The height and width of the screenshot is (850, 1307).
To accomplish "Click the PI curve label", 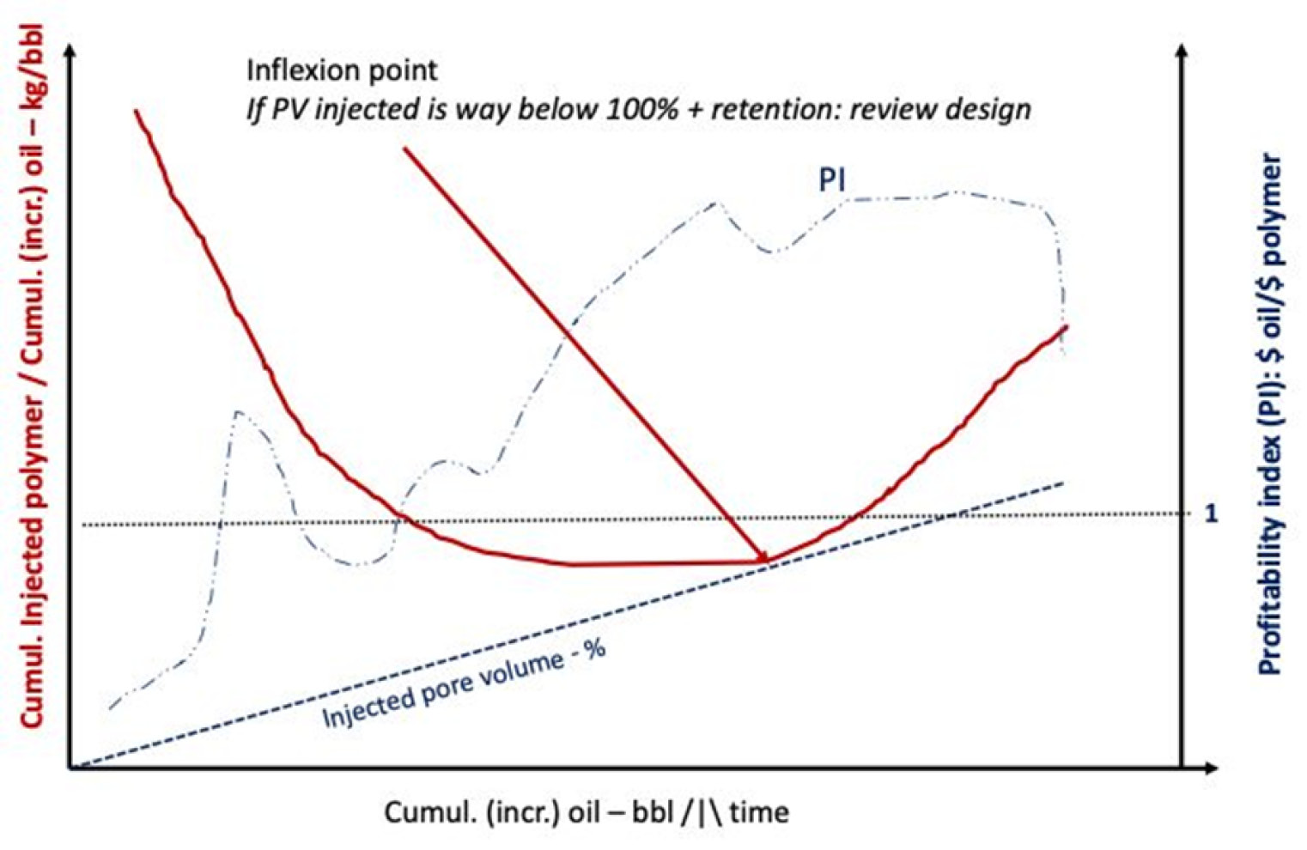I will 831,180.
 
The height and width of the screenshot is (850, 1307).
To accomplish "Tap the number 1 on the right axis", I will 1211,513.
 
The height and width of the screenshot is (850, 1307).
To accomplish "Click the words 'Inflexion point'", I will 342,70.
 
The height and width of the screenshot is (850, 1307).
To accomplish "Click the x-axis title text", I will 586,812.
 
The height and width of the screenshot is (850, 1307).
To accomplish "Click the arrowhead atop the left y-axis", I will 70,50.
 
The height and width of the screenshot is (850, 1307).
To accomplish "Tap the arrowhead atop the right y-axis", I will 1182,50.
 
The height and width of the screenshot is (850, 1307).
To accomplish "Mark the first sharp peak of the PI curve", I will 237,413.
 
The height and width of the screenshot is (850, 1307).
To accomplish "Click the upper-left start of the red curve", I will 136,111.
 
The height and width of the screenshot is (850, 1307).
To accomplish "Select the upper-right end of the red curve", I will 1066,327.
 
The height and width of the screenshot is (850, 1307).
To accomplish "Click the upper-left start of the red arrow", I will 404,149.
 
